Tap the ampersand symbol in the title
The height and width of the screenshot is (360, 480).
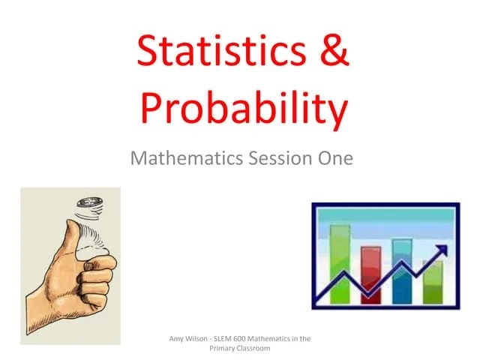[x=331, y=53]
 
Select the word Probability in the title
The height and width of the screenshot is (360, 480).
[x=244, y=108]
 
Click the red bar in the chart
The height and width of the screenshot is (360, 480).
[x=371, y=274]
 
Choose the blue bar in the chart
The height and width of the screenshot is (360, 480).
[x=403, y=270]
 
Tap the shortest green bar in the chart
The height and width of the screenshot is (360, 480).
[x=433, y=281]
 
